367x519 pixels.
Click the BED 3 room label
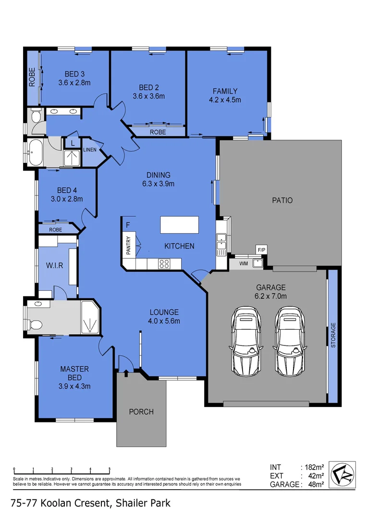click(x=74, y=74)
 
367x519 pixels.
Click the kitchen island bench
click(x=179, y=224)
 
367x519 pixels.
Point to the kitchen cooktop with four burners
click(x=164, y=263)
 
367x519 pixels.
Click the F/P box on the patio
click(x=261, y=250)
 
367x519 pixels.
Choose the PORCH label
click(x=141, y=411)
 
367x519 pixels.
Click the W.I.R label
click(x=54, y=265)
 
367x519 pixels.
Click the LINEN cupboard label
click(x=90, y=149)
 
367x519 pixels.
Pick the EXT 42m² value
click(x=312, y=475)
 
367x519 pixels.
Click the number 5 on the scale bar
click(x=110, y=469)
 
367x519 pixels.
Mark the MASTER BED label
click(x=74, y=373)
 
